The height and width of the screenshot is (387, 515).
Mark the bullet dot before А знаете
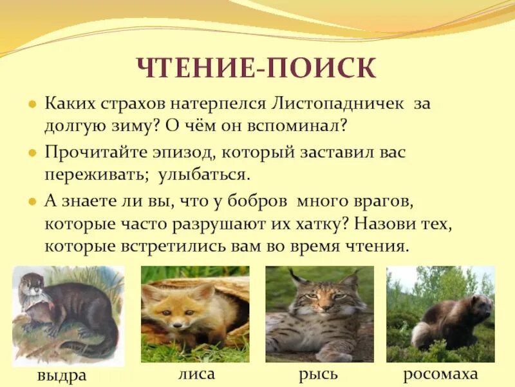(31, 202)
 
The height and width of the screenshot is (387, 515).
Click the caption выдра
(63, 376)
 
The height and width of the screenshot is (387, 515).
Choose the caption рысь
(318, 373)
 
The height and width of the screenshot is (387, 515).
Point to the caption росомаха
(440, 373)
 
